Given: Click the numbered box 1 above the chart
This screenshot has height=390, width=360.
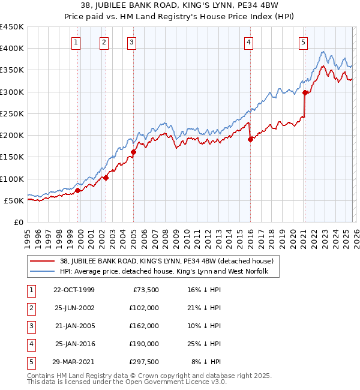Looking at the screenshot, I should [x=77, y=42].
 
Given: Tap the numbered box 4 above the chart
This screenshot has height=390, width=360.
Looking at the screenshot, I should [x=248, y=42].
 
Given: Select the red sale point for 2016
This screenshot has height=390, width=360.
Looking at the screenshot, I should [x=250, y=139].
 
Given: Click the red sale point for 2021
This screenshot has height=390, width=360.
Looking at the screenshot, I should [x=305, y=92].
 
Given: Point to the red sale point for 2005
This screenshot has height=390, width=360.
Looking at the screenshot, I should [x=133, y=152].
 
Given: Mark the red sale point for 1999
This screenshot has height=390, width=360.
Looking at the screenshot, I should [x=78, y=190].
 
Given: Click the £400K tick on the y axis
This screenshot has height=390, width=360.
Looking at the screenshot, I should [x=12, y=49].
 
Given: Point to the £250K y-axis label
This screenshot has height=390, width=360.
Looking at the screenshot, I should [x=12, y=113].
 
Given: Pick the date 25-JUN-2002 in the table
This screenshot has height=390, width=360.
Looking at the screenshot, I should [x=74, y=307].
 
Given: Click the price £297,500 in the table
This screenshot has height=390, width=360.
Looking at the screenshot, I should [x=144, y=361].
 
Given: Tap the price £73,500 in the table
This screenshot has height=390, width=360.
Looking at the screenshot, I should [x=146, y=289].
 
